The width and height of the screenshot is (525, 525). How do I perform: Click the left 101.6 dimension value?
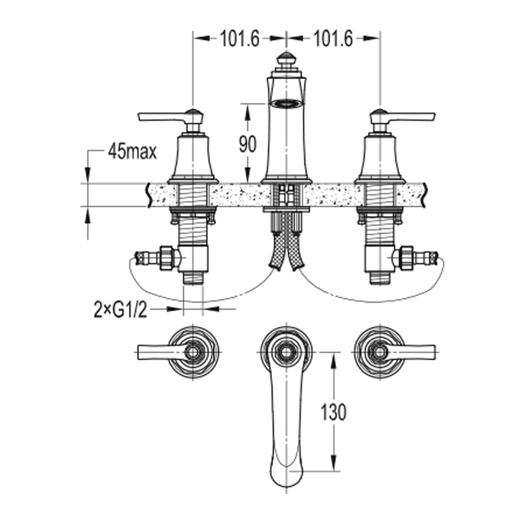tap(240, 39)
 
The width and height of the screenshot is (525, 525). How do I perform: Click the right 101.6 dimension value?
tap(333, 39)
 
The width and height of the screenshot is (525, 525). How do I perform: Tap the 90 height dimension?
tap(247, 144)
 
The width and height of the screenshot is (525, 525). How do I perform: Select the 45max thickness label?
tap(132, 152)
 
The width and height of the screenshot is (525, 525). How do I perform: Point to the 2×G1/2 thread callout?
tap(121, 310)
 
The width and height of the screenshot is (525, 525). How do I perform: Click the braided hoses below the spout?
tap(286, 248)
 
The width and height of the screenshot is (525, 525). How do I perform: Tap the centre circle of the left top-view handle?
tap(193, 352)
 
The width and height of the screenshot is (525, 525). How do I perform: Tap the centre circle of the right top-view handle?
tap(380, 352)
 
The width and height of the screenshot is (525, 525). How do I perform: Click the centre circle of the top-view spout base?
tap(286, 352)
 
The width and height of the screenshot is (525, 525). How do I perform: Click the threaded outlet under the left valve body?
tap(193, 278)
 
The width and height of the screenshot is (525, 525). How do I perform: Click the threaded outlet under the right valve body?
tap(380, 278)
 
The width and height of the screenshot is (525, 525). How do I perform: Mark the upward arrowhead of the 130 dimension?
tap(333, 362)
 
